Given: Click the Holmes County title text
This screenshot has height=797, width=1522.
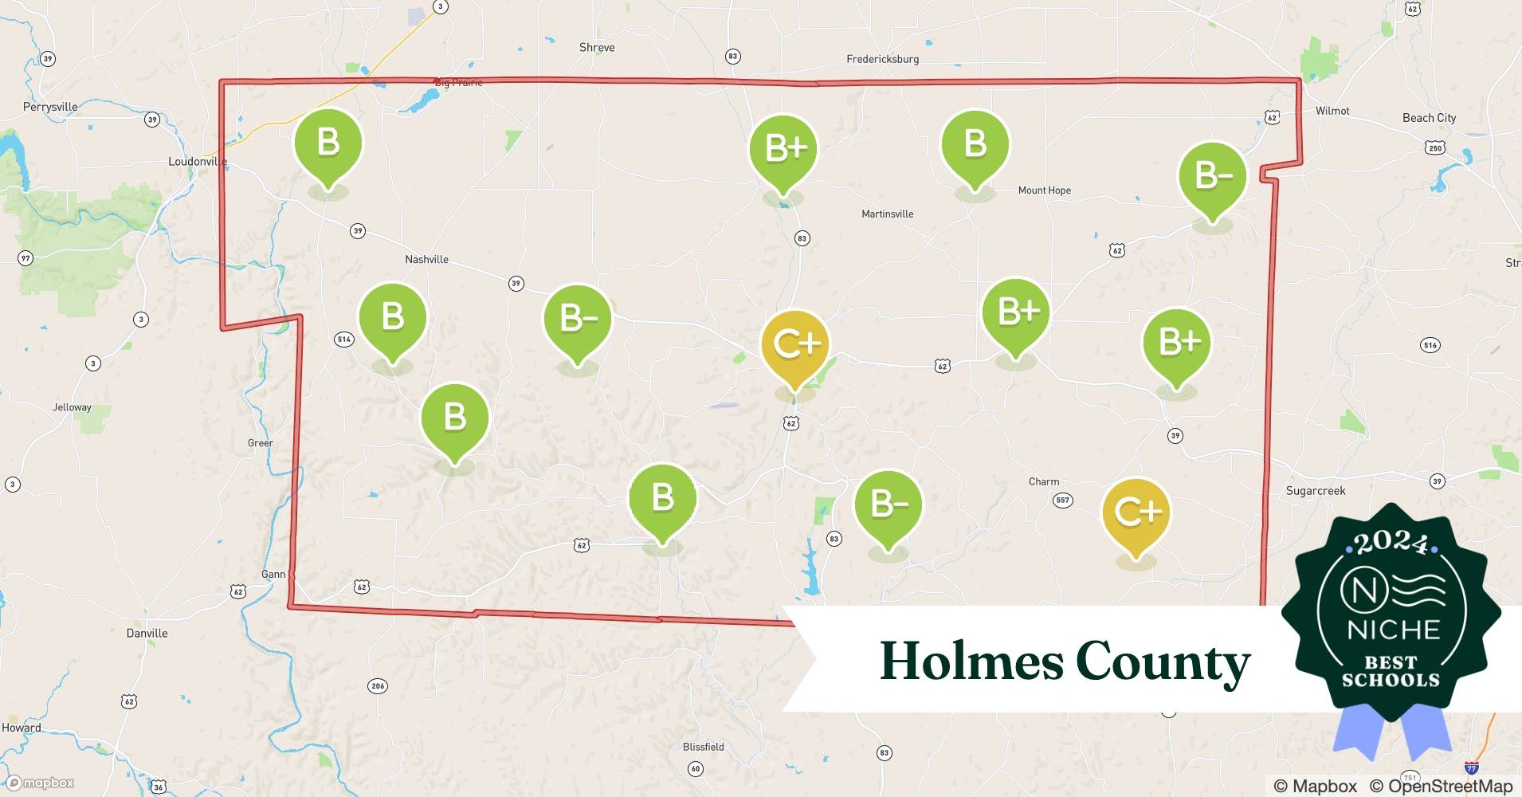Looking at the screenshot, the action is [x=1065, y=662].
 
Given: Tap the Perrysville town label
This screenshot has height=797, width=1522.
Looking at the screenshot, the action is [x=50, y=107].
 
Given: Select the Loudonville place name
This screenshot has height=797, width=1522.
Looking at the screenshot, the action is [x=198, y=162].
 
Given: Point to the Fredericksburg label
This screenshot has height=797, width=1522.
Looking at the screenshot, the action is [x=882, y=59].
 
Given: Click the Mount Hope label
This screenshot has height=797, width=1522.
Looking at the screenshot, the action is [x=1044, y=190].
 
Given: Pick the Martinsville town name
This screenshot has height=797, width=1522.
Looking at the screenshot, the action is [x=887, y=214].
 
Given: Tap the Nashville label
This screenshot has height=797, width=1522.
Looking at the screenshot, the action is [x=426, y=260].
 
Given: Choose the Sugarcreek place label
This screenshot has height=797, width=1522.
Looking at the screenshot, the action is [x=1315, y=491].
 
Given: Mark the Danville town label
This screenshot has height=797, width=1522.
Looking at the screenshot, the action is [x=147, y=634].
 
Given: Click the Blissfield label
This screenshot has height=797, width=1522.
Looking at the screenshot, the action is [x=703, y=747].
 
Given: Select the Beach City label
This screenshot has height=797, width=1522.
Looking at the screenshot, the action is [x=1429, y=118].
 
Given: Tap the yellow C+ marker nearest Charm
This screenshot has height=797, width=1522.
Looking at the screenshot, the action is [x=1136, y=512].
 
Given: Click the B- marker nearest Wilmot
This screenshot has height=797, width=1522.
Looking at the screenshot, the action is [x=1211, y=176].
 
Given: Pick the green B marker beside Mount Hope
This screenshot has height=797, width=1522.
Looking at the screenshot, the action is [x=975, y=145].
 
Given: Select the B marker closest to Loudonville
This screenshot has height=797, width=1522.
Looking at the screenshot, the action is [x=328, y=143].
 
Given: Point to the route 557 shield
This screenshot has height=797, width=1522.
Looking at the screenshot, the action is [x=1062, y=501].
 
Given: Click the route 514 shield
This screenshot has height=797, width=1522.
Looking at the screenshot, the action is [x=343, y=340].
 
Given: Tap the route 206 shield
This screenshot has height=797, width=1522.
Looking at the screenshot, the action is [x=378, y=686].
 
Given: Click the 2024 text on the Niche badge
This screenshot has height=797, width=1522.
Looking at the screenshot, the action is [x=1391, y=542].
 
